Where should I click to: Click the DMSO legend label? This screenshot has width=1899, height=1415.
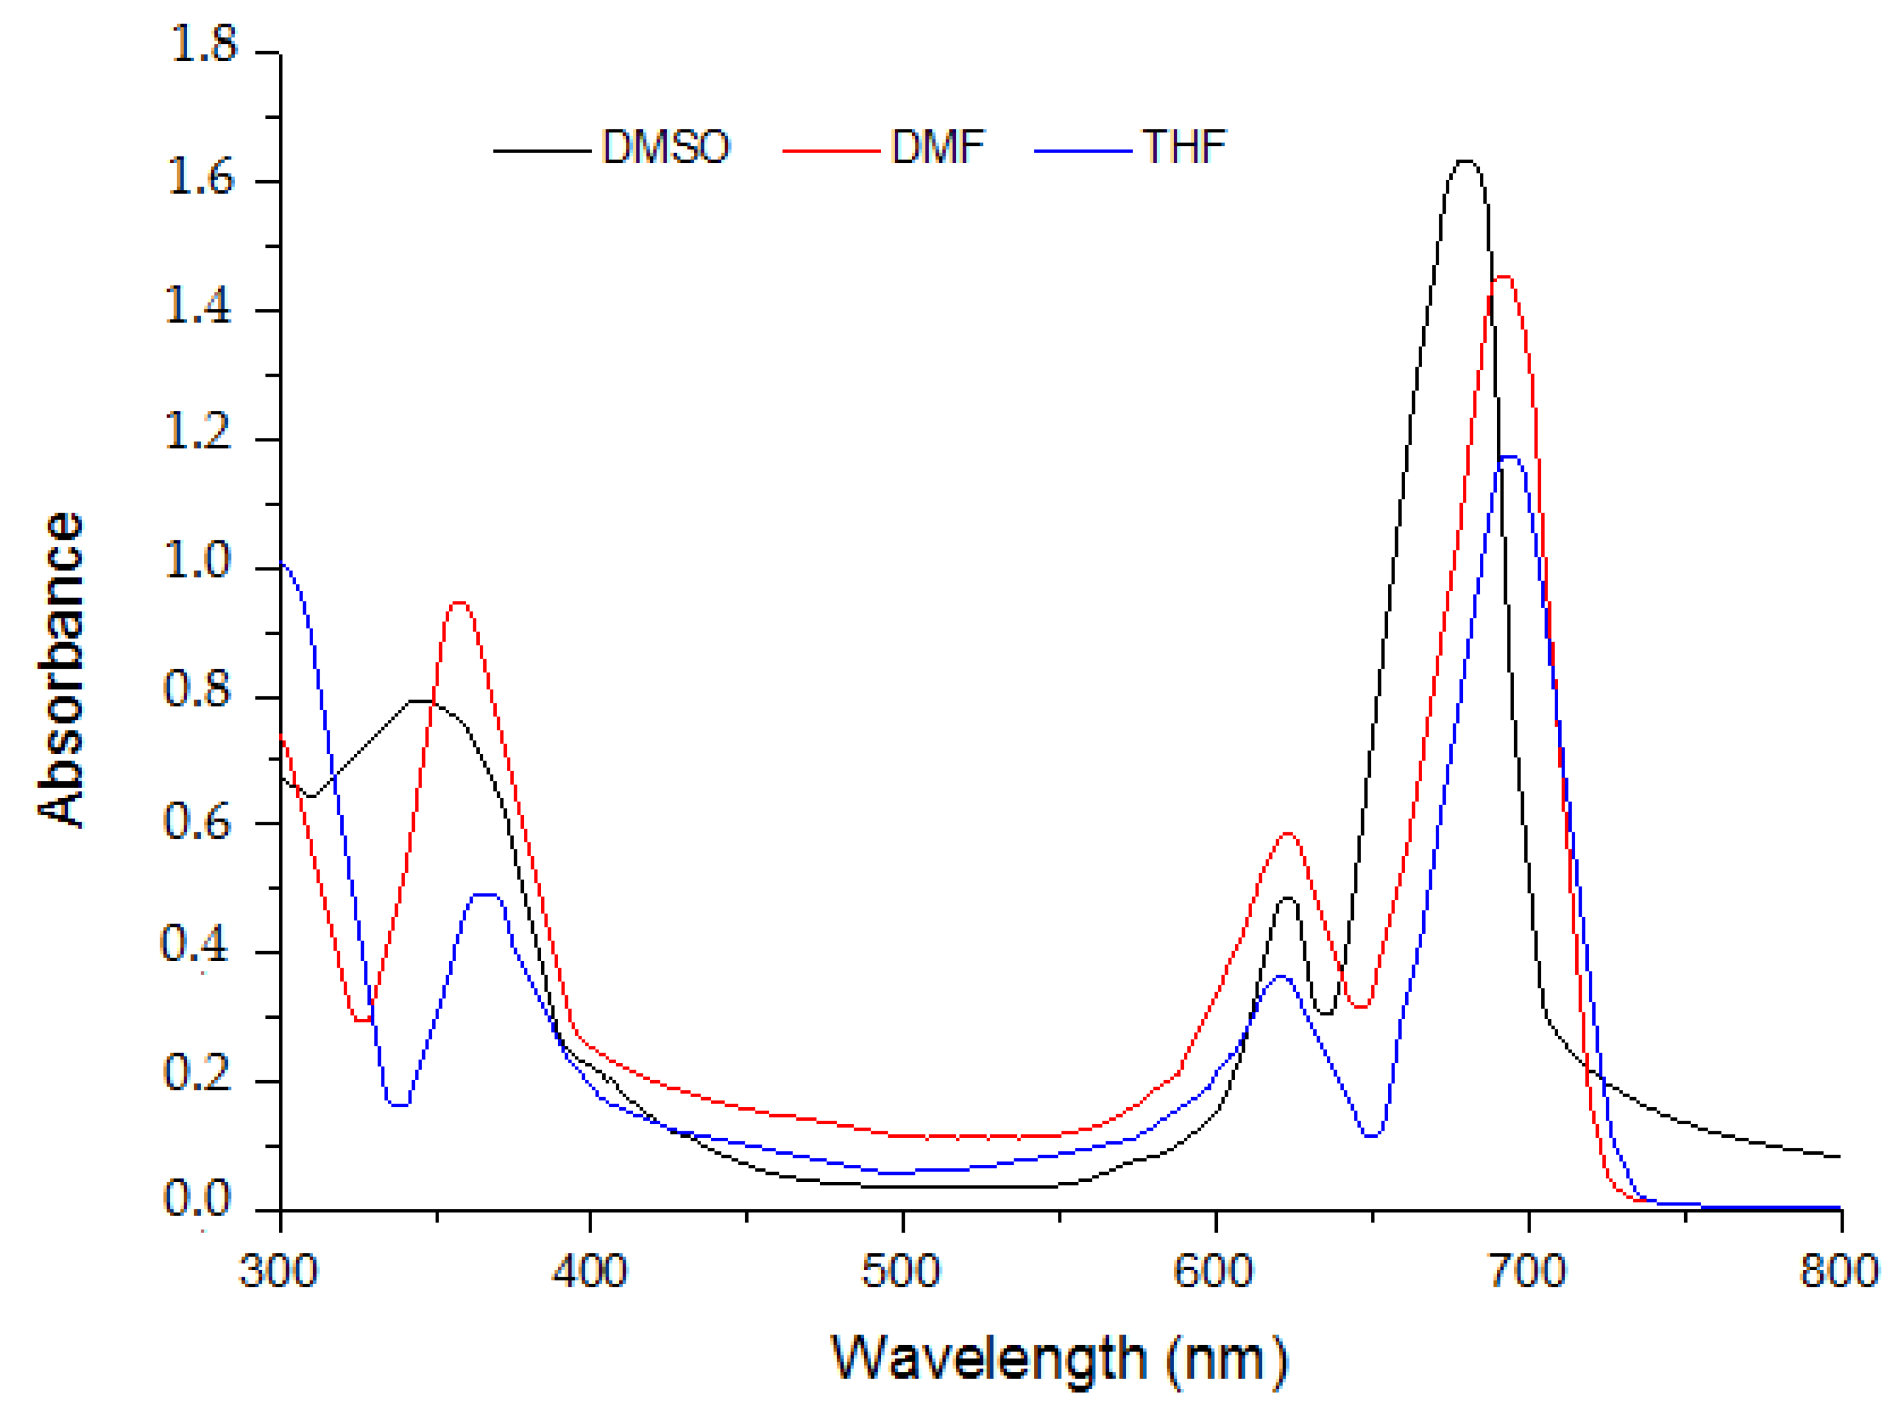tap(666, 147)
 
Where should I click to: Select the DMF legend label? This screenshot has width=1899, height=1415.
tap(937, 147)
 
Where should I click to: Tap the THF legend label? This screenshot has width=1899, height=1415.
tap(1184, 147)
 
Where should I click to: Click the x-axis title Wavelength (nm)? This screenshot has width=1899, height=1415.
tap(1059, 1358)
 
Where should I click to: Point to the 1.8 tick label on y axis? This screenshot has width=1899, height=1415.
tap(202, 45)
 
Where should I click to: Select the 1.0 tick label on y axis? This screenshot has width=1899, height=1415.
tap(198, 562)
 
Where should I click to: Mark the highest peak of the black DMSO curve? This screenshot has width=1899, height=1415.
tap(1466, 161)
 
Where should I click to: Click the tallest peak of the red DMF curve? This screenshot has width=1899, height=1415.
tap(1503, 277)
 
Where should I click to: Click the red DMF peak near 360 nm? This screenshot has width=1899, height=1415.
tap(459, 603)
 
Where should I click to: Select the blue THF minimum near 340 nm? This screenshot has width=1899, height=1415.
tap(399, 1105)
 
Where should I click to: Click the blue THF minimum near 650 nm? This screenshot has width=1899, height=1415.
tap(1372, 1136)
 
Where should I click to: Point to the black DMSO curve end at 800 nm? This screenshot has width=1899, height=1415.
tap(1838, 1157)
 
